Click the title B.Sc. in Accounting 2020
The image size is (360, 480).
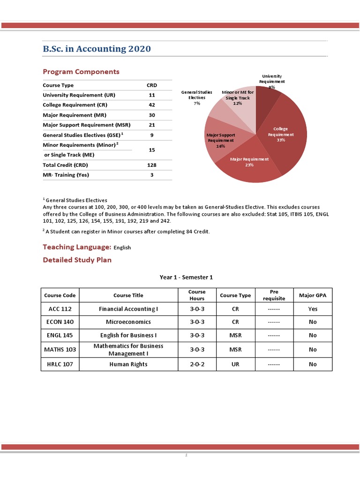[x=97, y=49]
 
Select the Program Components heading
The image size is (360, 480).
[x=81, y=72]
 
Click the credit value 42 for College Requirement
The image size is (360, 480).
[x=151, y=105]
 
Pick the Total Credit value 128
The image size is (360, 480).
[x=151, y=165]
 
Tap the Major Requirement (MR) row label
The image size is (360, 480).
[x=74, y=115]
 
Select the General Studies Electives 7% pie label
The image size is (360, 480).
[x=197, y=97]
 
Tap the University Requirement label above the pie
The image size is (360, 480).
[x=271, y=79]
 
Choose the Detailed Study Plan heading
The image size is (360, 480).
[x=77, y=260]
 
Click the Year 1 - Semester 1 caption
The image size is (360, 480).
[x=186, y=277]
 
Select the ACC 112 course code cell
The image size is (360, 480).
[x=60, y=309]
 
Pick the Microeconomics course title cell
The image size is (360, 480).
[x=128, y=322]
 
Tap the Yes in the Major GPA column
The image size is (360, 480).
[x=313, y=309]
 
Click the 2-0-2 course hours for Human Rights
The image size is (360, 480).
[x=197, y=364]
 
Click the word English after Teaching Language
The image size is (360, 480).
[x=122, y=247]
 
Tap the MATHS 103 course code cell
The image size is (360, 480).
[x=60, y=350]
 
